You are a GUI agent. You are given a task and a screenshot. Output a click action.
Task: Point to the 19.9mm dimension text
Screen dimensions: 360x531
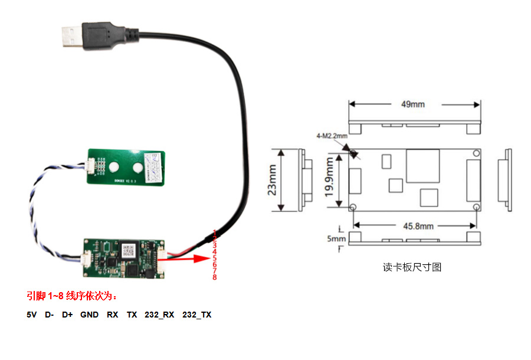pos(330,179)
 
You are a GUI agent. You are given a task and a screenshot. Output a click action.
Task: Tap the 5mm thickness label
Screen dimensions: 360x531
pos(337,239)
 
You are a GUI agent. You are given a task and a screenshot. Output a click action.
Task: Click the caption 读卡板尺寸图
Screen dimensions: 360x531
pos(412,267)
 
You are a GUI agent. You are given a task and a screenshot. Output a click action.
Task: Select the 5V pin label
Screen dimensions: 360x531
pos(32,315)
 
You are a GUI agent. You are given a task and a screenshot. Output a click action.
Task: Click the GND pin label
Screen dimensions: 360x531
pos(89,315)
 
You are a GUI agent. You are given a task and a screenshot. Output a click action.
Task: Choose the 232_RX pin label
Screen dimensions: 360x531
pos(159,315)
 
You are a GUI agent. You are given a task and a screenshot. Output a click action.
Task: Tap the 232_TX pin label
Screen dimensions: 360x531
pos(196,315)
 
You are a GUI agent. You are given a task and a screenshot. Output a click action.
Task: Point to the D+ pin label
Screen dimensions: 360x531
pos(67,315)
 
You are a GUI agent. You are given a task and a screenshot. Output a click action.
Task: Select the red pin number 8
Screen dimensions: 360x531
pos(215,277)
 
